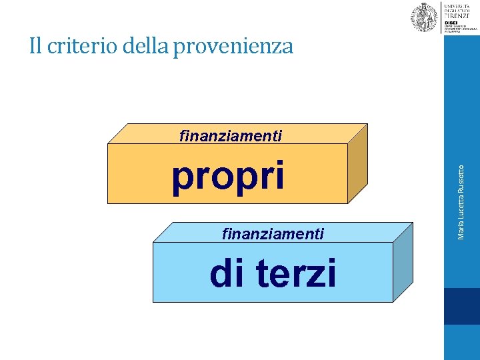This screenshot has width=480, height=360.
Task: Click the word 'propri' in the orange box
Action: click(x=228, y=177)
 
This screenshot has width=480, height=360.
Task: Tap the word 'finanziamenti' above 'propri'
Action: click(x=231, y=136)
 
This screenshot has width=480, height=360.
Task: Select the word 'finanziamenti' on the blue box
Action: click(x=273, y=234)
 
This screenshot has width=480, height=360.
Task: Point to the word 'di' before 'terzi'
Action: click(x=227, y=273)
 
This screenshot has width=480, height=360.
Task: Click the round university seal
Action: click(x=424, y=17)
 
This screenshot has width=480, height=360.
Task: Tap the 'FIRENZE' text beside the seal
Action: click(x=457, y=15)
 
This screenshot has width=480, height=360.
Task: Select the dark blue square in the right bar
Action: click(x=461, y=306)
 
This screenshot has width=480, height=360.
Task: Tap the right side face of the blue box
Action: click(x=402, y=262)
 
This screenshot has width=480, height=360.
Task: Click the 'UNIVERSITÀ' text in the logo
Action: click(x=457, y=5)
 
